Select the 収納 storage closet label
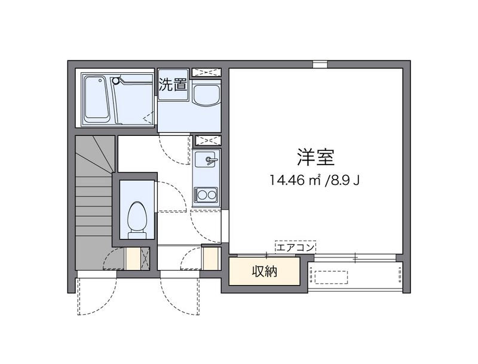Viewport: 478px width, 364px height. coord(263,272)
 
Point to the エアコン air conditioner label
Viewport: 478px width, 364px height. coord(295,246)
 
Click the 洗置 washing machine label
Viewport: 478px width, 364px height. coord(173,84)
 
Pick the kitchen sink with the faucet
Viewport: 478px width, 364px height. coord(207,160)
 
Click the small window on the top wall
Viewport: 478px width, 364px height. coord(320,64)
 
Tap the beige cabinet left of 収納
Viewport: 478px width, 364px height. coord(211,259)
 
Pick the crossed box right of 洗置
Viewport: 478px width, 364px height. coord(208,72)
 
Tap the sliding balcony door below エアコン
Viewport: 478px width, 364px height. coord(355,257)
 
